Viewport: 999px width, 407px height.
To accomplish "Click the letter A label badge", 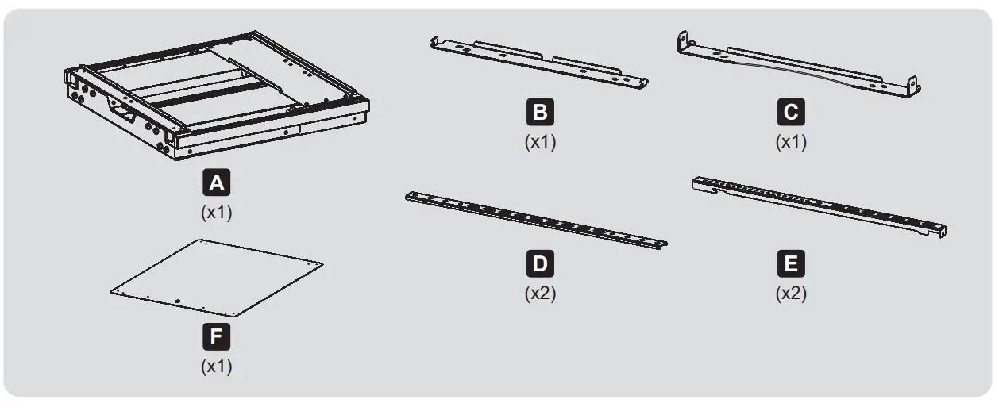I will (x=216, y=184).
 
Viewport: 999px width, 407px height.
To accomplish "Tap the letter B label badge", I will (x=540, y=112).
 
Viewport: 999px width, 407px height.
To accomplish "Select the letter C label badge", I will (x=791, y=112).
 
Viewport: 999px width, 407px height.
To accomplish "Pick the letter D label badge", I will (x=540, y=263).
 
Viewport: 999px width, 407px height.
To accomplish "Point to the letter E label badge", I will (x=791, y=263).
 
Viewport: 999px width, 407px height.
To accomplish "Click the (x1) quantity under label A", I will (x=216, y=213).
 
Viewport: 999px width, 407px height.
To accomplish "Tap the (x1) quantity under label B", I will (x=540, y=142).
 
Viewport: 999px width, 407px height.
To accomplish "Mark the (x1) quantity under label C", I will (x=791, y=142).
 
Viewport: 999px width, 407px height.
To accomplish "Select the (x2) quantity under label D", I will (x=540, y=293).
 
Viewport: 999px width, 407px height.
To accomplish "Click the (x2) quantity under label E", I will (x=791, y=293).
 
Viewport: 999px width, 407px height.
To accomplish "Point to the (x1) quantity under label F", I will (x=216, y=367).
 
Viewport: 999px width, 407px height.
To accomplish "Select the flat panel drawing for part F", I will (x=216, y=278).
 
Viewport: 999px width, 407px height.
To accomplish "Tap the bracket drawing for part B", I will (x=540, y=62).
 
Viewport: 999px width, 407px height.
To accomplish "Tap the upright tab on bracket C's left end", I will (x=682, y=39).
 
